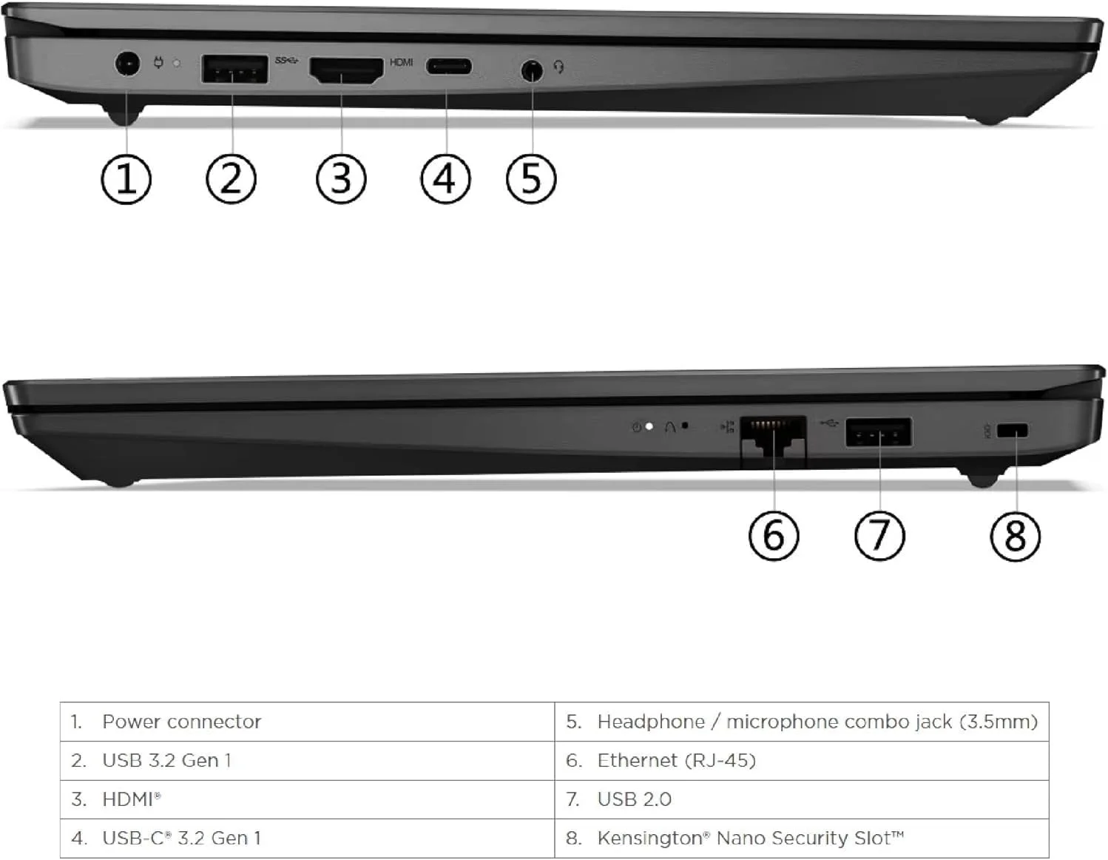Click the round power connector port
coord(126,64)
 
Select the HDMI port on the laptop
coord(346,71)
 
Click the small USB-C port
coord(449,67)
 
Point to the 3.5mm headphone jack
coord(532,70)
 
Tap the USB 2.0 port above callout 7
coord(879,432)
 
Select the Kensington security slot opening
coord(1013,431)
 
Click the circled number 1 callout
coord(126,180)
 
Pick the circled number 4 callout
coord(446,179)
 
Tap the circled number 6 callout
coord(774,536)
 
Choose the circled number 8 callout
coord(1016,537)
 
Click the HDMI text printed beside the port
coord(402,62)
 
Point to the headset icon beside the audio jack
coord(559,67)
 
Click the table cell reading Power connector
coord(308,722)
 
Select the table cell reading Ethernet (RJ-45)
coord(802,761)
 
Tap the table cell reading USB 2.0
coord(802,799)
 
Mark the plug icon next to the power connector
coord(158,63)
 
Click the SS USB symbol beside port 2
coord(286,61)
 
